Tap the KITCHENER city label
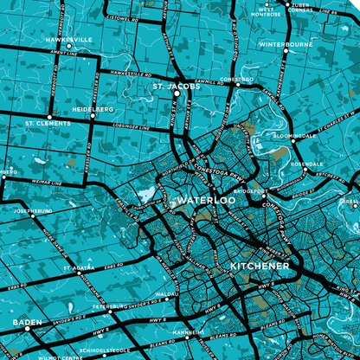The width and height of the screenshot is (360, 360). coord(259,265)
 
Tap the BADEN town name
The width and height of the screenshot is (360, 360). coord(27,323)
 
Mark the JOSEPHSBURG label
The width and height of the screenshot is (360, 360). coord(34,210)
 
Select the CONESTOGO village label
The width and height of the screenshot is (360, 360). coord(236,79)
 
